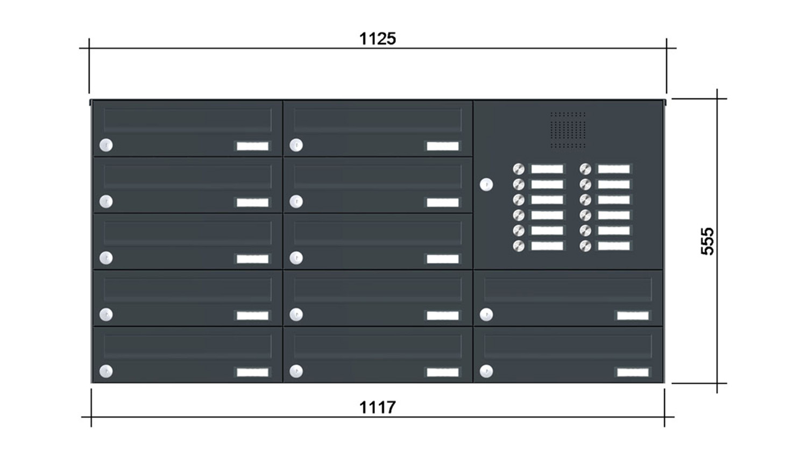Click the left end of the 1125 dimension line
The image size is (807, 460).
[89, 48]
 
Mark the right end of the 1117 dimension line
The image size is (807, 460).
[664, 417]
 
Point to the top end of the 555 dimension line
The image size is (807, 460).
[717, 99]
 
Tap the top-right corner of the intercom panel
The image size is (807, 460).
[663, 101]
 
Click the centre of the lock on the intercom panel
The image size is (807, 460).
[486, 185]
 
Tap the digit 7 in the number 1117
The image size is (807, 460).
[390, 407]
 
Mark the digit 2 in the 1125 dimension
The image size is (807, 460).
[378, 39]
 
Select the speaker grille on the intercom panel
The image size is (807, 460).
[568, 130]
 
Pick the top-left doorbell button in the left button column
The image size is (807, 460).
[519, 169]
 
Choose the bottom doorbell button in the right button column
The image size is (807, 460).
[585, 246]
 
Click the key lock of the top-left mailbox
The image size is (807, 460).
[106, 145]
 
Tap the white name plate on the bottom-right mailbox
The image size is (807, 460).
[633, 372]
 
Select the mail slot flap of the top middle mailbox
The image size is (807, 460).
[378, 120]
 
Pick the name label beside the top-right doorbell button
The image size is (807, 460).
[614, 169]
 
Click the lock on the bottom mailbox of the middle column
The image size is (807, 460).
[296, 371]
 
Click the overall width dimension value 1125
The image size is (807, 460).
[378, 39]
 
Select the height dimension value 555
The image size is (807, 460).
[707, 241]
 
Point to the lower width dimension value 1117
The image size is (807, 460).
[378, 407]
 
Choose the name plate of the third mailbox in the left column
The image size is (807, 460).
[252, 259]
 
